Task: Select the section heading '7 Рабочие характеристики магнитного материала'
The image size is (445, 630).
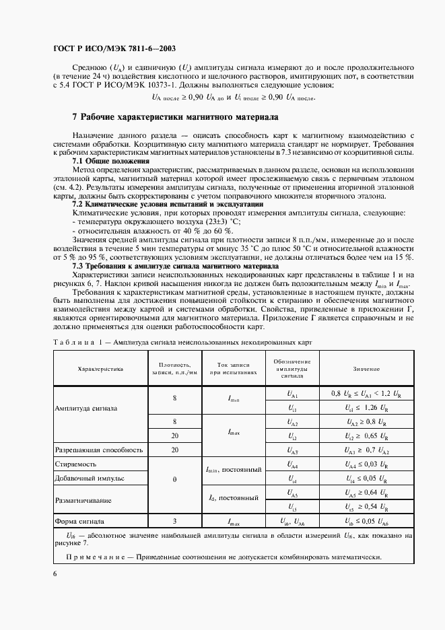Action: (175, 116)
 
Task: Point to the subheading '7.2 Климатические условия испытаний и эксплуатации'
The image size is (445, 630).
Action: (167, 203)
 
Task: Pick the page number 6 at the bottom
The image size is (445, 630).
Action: (55, 572)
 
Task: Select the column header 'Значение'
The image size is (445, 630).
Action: (366, 369)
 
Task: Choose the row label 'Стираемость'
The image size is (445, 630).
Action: (76, 464)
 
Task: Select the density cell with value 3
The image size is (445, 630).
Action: (174, 521)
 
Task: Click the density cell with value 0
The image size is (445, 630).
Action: (174, 479)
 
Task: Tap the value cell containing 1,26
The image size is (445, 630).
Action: (366, 408)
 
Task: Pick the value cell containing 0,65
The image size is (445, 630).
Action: (366, 436)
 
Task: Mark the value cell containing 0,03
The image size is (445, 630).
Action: (366, 464)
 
